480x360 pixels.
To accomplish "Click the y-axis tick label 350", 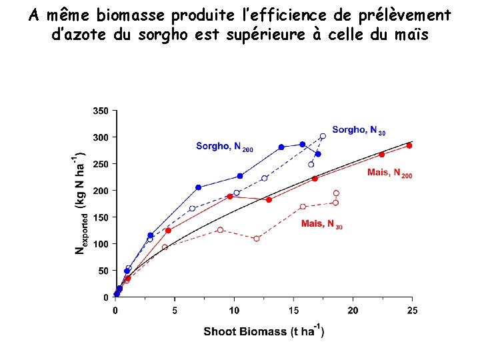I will click(101, 111).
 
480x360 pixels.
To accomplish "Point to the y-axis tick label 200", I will click(101, 191).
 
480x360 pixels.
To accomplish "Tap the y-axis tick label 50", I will click(103, 271).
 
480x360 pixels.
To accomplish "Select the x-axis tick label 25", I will click(413, 311).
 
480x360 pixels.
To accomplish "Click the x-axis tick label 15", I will click(294, 311).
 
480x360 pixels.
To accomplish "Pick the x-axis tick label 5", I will click(175, 311).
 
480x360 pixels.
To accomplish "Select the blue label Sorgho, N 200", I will click(224, 146).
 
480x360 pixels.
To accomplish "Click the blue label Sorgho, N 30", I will click(358, 130).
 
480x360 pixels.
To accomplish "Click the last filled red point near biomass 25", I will click(409, 145).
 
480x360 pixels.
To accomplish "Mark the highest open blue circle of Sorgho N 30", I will click(323, 136).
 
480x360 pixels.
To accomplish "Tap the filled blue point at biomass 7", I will click(198, 187).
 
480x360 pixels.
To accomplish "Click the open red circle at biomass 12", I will click(257, 239).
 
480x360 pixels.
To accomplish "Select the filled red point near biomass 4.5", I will click(168, 230).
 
